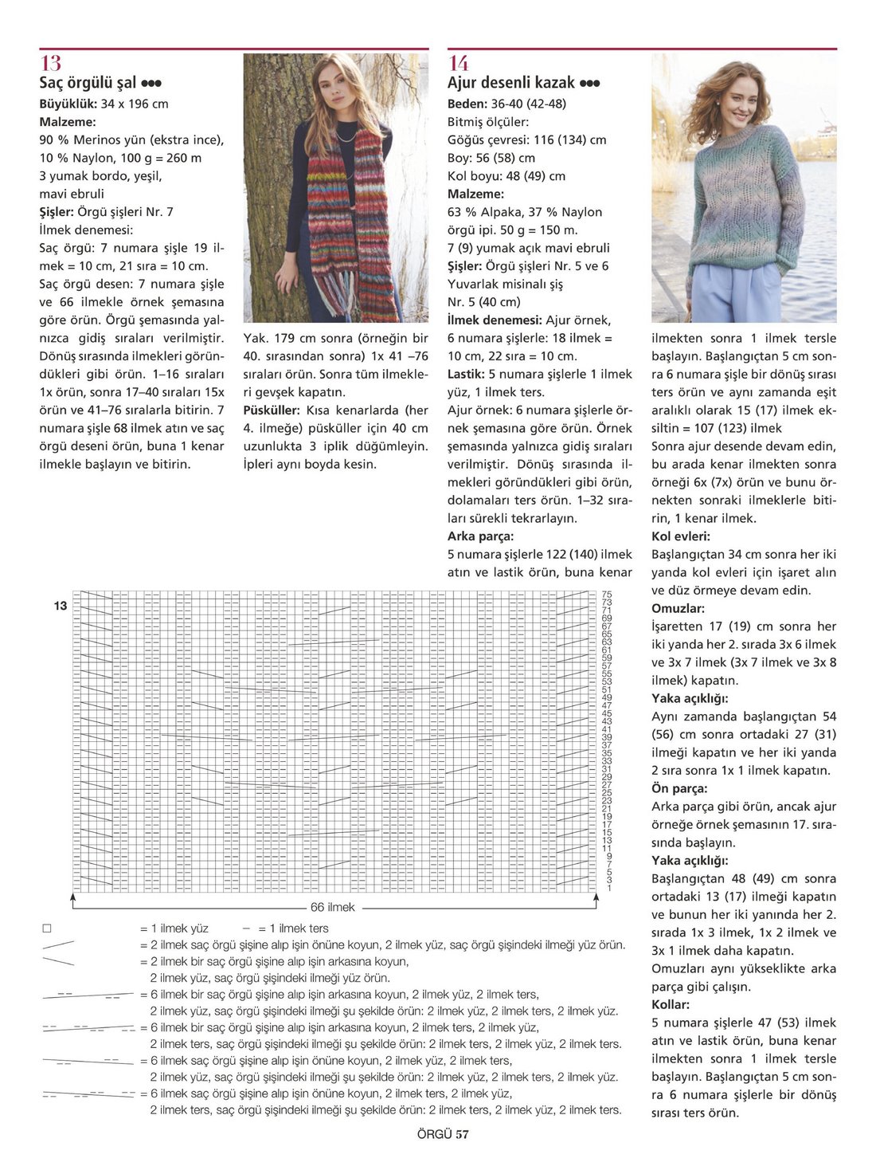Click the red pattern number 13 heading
click(x=50, y=63)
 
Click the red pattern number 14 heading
click(x=458, y=63)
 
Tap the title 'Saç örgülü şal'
click(x=88, y=83)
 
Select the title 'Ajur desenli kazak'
click(x=510, y=83)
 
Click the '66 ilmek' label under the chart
click(x=332, y=907)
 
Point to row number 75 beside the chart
click(x=607, y=595)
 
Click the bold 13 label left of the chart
click(x=61, y=606)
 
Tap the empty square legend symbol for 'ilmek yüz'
click(x=47, y=929)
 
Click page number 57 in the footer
click(x=462, y=1135)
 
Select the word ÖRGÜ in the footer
click(x=434, y=1135)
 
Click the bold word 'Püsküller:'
click(x=272, y=410)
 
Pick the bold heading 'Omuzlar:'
click(x=678, y=608)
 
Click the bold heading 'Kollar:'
click(x=671, y=1004)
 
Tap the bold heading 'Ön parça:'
click(x=679, y=788)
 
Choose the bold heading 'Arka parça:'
click(x=480, y=536)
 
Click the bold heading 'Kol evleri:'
click(x=681, y=536)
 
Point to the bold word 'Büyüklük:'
click(x=68, y=104)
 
